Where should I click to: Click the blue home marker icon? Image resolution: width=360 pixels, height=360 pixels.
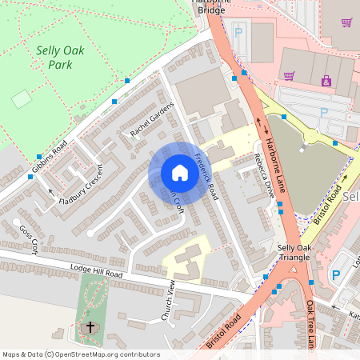(x=180, y=173)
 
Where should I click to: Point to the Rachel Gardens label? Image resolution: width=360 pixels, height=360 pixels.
(x=151, y=120)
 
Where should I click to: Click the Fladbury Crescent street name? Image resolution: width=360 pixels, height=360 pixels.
(x=82, y=186)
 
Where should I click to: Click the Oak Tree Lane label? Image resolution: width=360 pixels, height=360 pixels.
(x=311, y=324)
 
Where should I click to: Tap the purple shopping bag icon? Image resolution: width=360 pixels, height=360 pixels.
(x=326, y=80)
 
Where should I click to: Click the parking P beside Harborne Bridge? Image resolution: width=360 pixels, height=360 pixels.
(x=238, y=34)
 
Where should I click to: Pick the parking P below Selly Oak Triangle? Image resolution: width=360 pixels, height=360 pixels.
(x=335, y=274)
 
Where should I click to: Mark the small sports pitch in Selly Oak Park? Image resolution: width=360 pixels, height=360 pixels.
(x=22, y=98)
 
